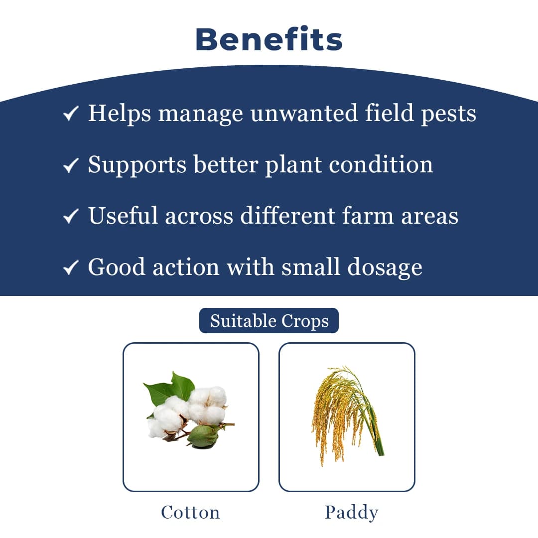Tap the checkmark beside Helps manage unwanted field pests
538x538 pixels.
tap(71, 115)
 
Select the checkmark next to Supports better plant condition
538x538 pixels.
tap(71, 165)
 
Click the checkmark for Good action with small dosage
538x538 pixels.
tap(71, 268)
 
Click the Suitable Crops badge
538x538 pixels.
tap(269, 321)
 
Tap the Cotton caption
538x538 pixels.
tap(190, 512)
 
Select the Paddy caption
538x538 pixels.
tap(351, 512)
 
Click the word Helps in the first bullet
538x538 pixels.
tap(120, 114)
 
